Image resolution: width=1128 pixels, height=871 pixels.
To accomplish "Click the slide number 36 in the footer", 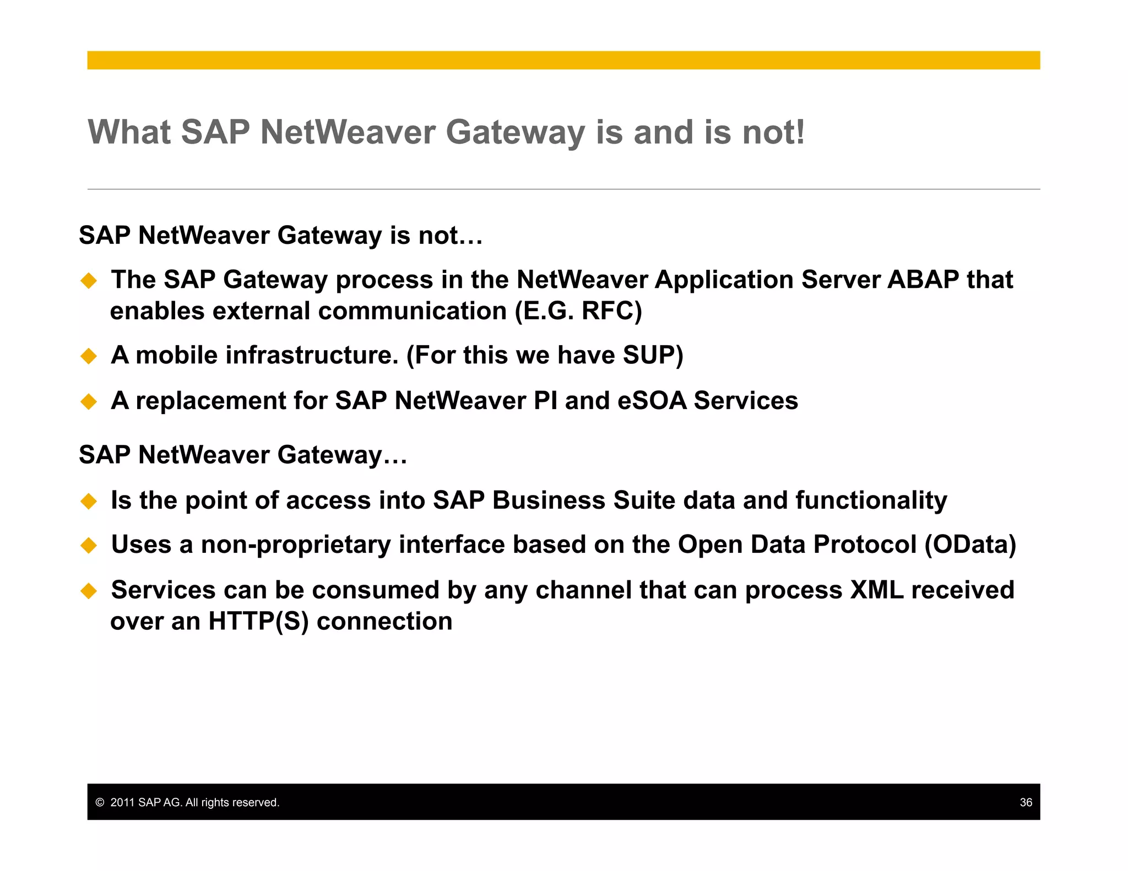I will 1026,802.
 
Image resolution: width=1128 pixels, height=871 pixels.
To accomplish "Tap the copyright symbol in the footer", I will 100,802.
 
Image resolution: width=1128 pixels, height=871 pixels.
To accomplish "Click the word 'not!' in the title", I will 773,133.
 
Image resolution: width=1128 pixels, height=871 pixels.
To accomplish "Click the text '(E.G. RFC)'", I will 578,311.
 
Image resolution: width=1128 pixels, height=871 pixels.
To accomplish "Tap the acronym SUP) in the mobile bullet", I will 653,355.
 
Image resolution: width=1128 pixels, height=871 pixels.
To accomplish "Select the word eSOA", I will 652,401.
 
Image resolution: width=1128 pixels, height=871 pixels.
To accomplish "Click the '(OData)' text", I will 970,545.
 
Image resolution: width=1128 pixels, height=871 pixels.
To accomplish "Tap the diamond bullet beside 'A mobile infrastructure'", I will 89,356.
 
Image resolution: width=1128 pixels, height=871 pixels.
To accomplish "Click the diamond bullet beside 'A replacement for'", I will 89,401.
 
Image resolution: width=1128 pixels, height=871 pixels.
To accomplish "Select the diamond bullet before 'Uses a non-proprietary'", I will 89,545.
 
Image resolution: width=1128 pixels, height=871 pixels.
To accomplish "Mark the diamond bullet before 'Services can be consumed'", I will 89,591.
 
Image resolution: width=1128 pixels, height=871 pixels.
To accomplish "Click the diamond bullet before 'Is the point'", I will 89,501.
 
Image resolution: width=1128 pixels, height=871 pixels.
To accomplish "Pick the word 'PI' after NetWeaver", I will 545,401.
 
